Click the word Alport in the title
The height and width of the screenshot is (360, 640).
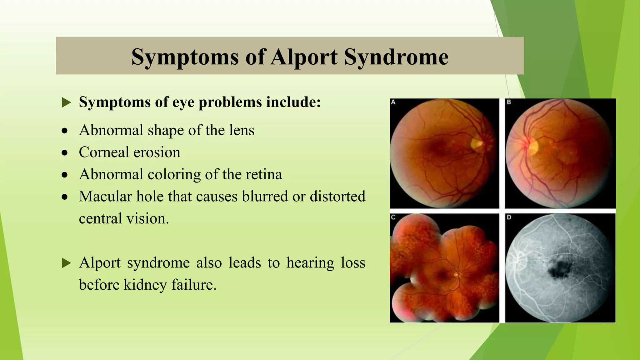coord(304,57)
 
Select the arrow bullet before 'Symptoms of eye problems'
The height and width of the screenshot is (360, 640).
coord(66,102)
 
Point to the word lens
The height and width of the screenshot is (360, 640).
coord(242,130)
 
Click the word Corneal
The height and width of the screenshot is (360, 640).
coord(104,152)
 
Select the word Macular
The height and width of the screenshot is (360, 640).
coord(105,197)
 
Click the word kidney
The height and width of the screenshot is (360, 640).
coord(145,285)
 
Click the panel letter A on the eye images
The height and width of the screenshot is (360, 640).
coord(393,102)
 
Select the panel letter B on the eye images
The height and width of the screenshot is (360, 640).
coord(509,102)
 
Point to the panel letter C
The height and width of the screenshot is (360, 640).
coord(393,217)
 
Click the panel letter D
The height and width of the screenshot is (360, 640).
coord(509,217)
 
